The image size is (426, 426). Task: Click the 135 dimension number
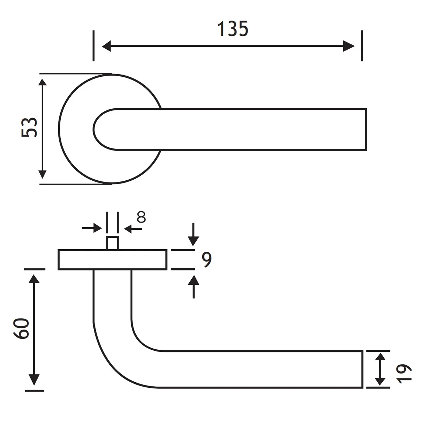(233, 29)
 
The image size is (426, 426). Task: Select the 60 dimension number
(21, 329)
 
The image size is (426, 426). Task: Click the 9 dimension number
(206, 260)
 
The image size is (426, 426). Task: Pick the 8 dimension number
(142, 217)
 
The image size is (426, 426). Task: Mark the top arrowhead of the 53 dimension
(42, 84)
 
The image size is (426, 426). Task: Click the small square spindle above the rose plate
(112, 243)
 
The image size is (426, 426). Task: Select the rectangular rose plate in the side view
(112, 260)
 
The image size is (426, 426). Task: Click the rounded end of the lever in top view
(101, 129)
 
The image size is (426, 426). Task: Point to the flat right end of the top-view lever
(366, 129)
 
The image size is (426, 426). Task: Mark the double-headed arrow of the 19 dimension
(380, 369)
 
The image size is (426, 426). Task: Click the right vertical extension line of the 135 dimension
(362, 45)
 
